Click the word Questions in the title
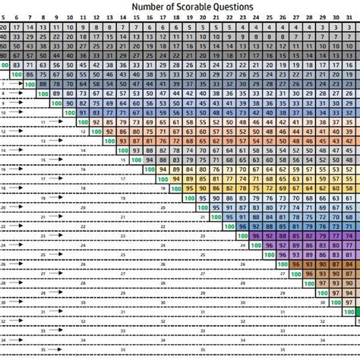point(234,6)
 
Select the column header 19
point(189,17)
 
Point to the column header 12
point(96,17)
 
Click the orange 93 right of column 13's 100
point(123,140)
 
